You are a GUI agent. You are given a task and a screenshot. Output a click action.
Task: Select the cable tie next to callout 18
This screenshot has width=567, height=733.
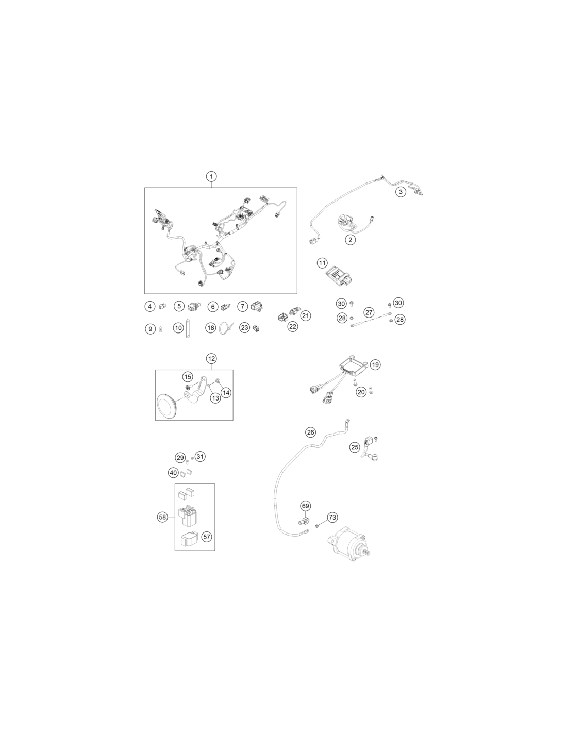[x=224, y=327]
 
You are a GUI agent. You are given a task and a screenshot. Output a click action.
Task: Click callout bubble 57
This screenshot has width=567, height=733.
[x=206, y=536]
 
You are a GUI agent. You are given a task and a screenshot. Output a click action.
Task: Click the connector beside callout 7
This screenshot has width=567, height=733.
[x=257, y=306]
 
